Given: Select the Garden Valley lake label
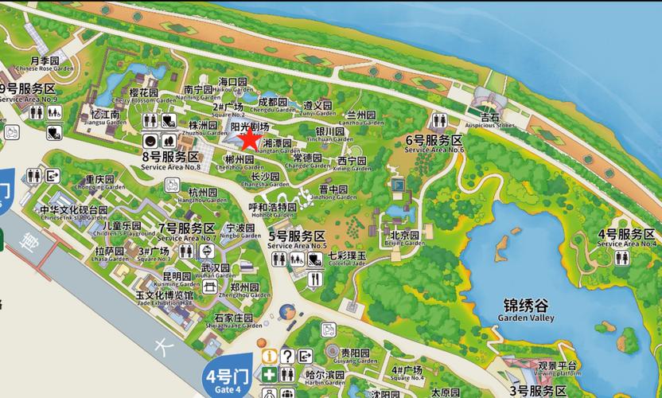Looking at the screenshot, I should point(525,310).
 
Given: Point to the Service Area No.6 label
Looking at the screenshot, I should point(434,144).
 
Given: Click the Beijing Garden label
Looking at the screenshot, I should point(404,239).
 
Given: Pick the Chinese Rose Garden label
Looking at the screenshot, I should point(45,64).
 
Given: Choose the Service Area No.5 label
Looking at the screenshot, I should point(298,240).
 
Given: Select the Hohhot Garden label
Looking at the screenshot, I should point(272,211).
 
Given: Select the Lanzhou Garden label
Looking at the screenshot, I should point(365,119).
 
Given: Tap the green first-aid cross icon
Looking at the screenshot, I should point(270,375).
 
